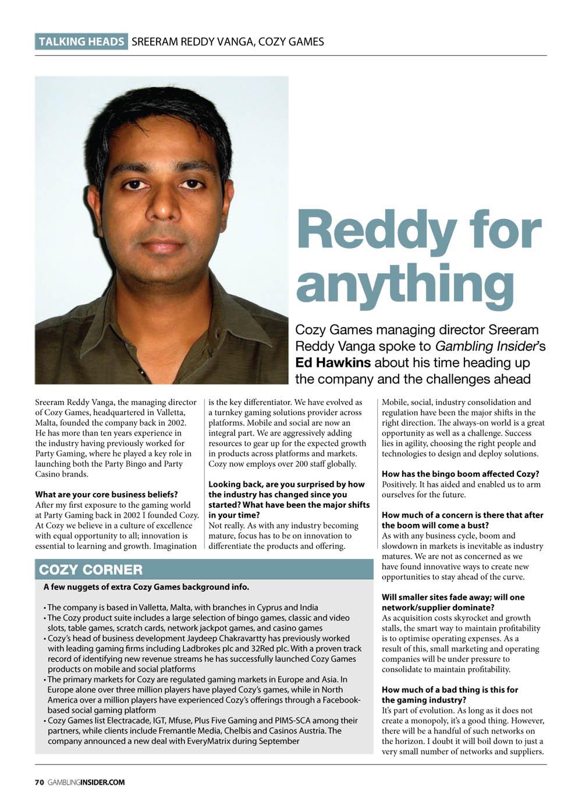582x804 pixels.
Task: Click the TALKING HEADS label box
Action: (x=81, y=41)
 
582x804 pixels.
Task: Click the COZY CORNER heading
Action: (x=91, y=569)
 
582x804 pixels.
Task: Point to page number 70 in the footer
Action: (x=39, y=782)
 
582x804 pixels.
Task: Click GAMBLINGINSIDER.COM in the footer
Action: (x=86, y=782)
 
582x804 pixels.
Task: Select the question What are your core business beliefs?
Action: (x=107, y=495)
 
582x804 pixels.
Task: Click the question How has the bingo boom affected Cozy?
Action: (x=460, y=474)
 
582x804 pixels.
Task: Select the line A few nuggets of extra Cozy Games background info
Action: (x=146, y=586)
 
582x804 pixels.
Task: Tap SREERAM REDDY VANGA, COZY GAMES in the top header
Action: (x=228, y=41)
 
